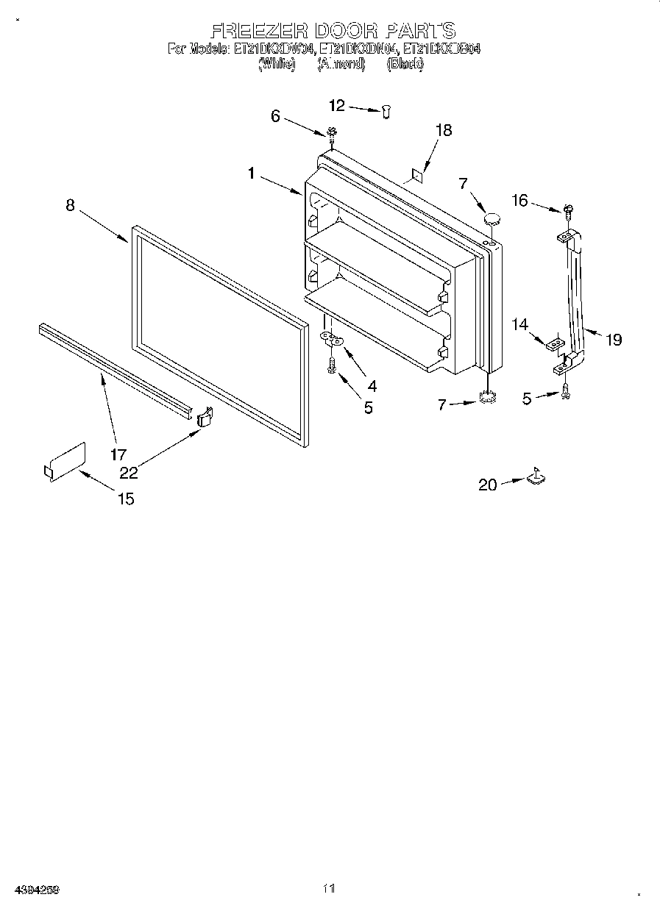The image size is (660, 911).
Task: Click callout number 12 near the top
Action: [336, 106]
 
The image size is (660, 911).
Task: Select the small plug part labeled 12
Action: [386, 110]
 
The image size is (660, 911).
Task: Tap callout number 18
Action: [443, 130]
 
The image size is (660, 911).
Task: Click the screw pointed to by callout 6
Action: [332, 134]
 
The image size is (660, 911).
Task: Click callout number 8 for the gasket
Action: [70, 206]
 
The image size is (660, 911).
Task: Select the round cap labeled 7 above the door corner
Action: [491, 218]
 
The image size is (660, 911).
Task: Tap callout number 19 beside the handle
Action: [614, 339]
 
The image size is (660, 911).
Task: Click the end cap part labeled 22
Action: [205, 417]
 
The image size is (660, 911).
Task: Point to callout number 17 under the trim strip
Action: [118, 454]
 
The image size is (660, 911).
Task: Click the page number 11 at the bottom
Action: [329, 889]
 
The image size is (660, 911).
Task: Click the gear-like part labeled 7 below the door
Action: [486, 399]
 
